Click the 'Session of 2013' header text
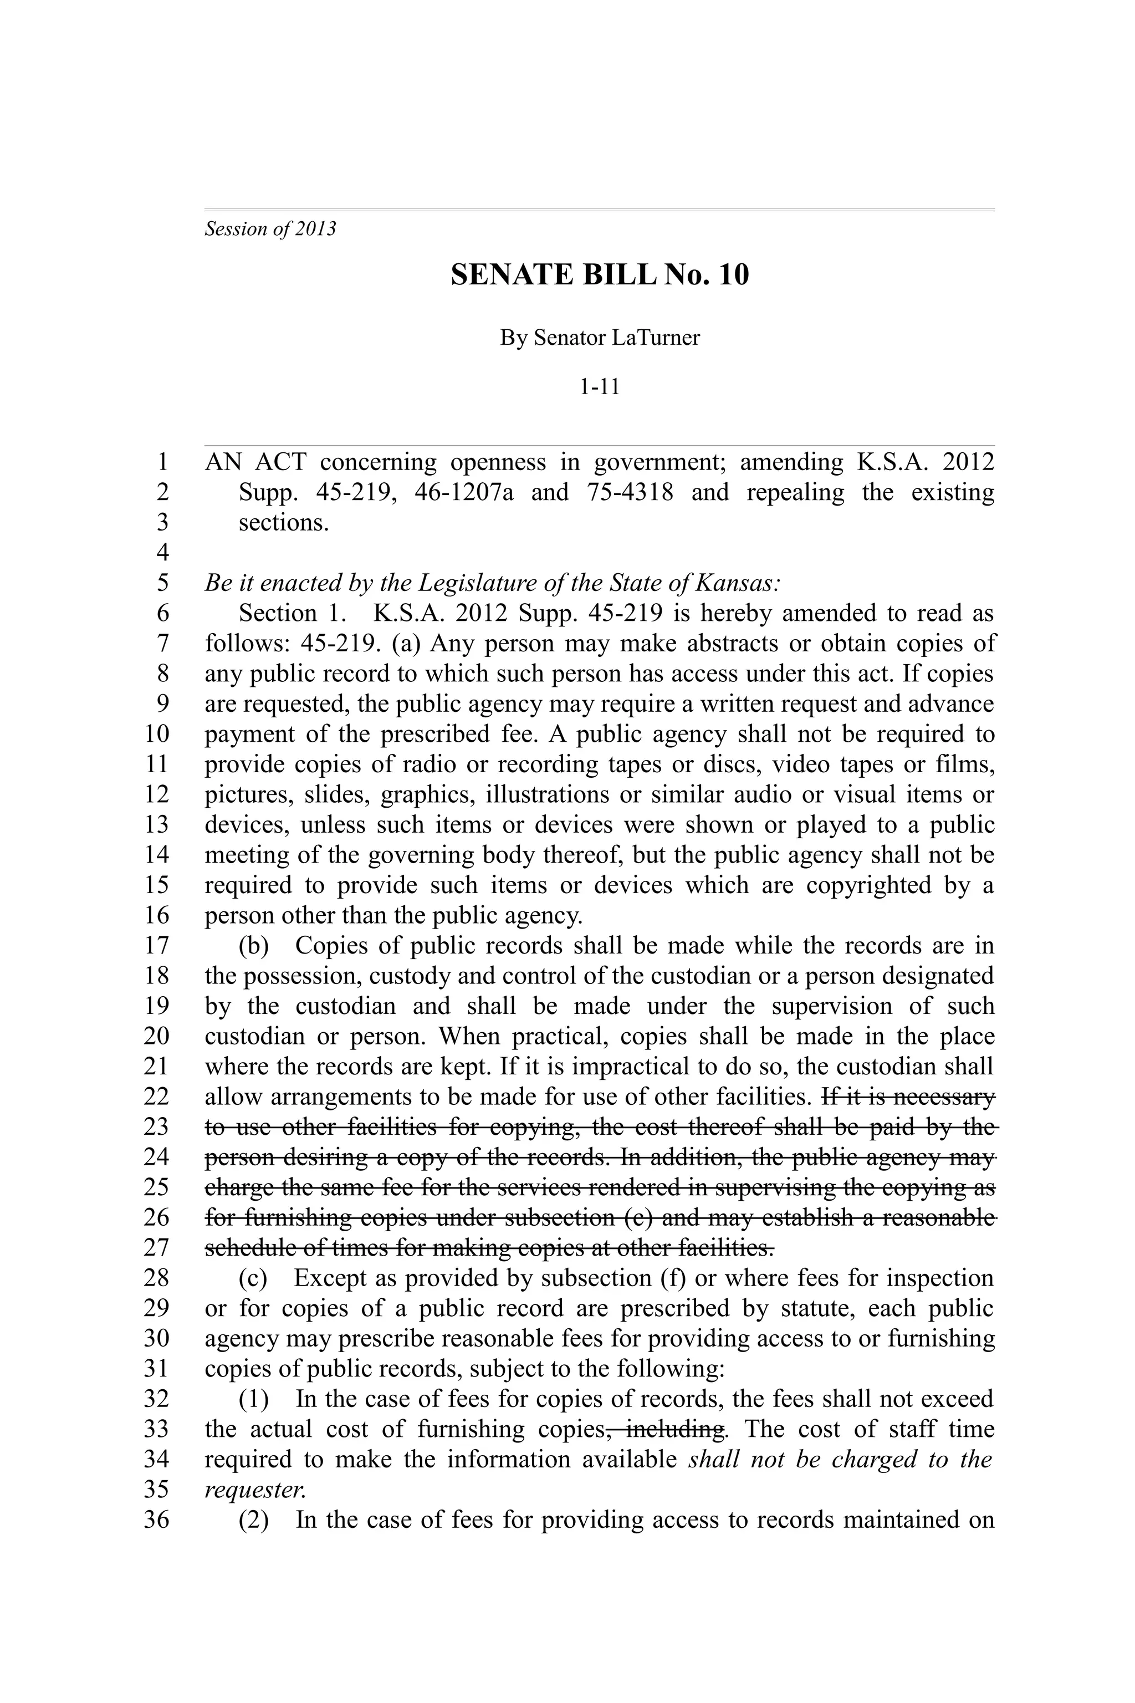(270, 230)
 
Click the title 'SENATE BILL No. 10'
(599, 275)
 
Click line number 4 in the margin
(163, 553)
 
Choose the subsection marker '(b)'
(253, 946)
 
